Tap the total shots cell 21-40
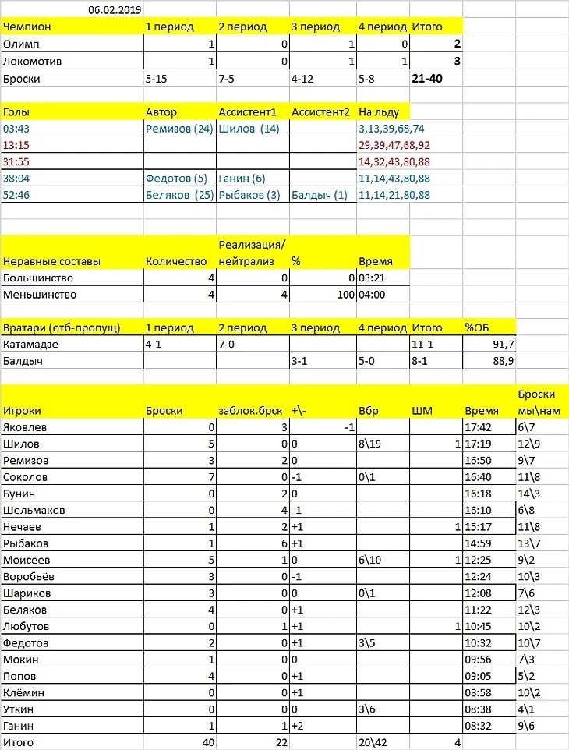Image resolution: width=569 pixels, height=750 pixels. point(429,78)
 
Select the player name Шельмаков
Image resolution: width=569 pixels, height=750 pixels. point(35,510)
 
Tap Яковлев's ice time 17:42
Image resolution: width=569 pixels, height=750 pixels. point(477,427)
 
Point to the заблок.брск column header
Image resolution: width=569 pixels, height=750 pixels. point(248,410)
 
